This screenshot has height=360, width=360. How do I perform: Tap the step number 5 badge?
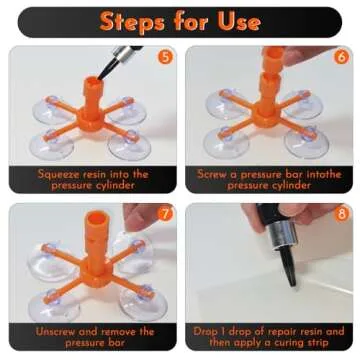coord(163,56)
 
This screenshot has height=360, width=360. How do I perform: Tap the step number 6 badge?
coord(341,56)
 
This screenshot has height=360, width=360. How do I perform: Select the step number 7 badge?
coord(163,214)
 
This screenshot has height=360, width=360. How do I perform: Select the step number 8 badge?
coord(341,214)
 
